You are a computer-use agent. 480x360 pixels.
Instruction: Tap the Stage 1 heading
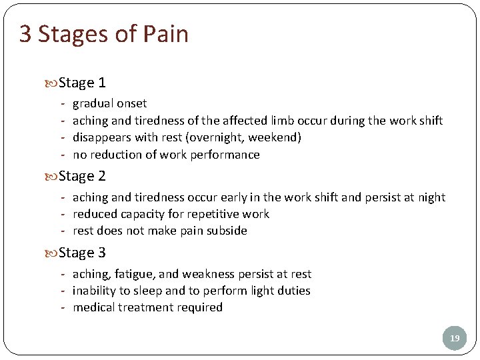(x=82, y=83)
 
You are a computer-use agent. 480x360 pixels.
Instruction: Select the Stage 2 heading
(x=82, y=176)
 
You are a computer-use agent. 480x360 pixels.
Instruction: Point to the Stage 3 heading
(x=82, y=253)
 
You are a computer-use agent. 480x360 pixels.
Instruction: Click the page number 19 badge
(x=455, y=339)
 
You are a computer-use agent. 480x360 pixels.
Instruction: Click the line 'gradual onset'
(x=109, y=103)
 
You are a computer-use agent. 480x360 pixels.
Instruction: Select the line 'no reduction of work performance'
(x=166, y=155)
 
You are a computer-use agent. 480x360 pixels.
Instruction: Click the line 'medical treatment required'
(x=147, y=307)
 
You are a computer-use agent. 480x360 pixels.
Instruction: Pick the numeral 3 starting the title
(x=25, y=34)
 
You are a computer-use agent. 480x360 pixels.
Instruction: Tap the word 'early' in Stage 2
(x=229, y=197)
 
